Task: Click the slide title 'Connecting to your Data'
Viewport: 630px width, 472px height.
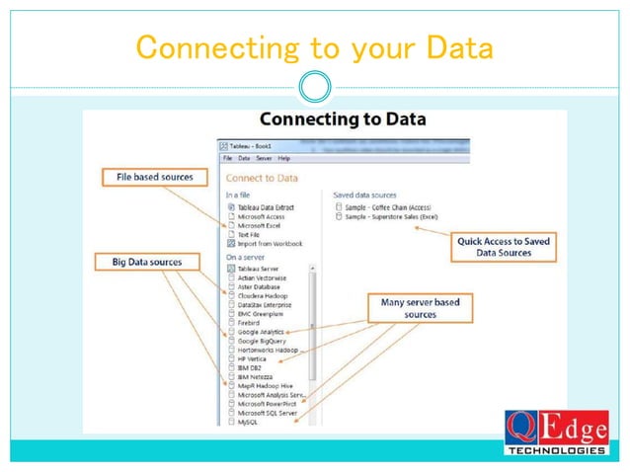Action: [x=313, y=46]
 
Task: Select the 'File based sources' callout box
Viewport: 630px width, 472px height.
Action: [x=148, y=178]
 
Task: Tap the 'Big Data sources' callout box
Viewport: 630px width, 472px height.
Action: [x=145, y=262]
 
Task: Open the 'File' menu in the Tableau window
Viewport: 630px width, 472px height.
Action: [x=227, y=158]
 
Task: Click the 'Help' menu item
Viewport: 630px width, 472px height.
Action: [x=284, y=158]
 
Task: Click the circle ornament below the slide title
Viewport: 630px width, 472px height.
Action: [x=315, y=87]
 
